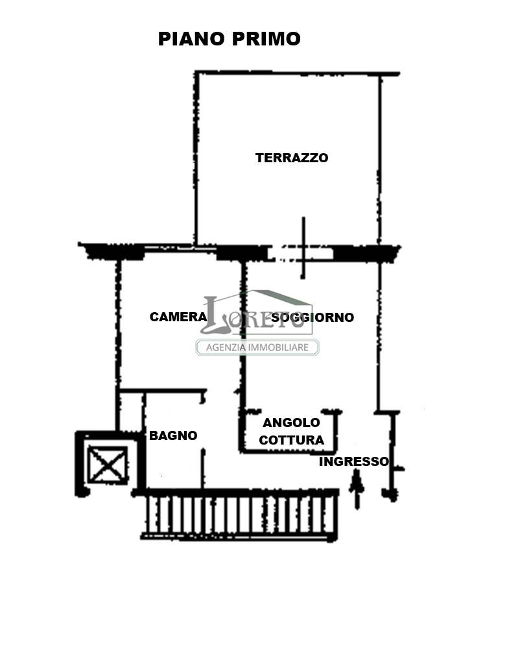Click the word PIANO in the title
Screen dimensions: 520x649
pyautogui.click(x=192, y=39)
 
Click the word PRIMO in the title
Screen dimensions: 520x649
pyautogui.click(x=266, y=39)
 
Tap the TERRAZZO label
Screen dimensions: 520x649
pyautogui.click(x=292, y=158)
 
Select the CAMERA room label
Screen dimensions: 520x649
pyautogui.click(x=178, y=317)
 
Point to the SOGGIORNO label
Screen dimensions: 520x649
pyautogui.click(x=313, y=317)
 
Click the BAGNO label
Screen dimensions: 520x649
pyautogui.click(x=173, y=435)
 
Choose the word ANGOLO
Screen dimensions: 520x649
pyautogui.click(x=291, y=422)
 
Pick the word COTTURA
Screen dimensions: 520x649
pyautogui.click(x=291, y=440)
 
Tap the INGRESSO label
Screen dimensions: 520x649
pyautogui.click(x=354, y=461)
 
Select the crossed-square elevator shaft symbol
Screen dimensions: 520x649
pyautogui.click(x=108, y=465)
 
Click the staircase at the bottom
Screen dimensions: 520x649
pyautogui.click(x=240, y=515)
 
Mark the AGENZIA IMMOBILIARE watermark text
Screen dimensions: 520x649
pyautogui.click(x=257, y=347)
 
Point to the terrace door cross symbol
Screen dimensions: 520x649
pyautogui.click(x=303, y=247)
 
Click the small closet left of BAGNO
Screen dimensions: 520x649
pyautogui.click(x=131, y=411)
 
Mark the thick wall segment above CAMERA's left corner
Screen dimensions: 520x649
pyautogui.click(x=112, y=251)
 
